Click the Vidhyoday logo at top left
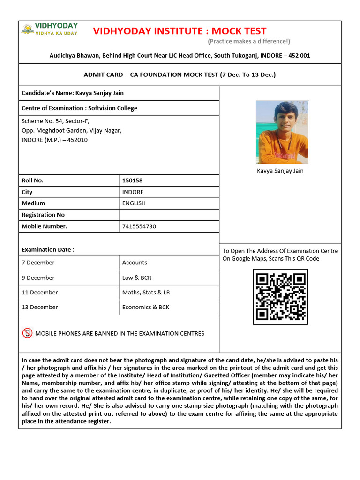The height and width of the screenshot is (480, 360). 50,29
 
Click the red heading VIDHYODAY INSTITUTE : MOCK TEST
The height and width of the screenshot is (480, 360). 180,31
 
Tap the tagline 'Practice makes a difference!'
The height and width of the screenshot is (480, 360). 249,42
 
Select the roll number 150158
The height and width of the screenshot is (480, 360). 132,180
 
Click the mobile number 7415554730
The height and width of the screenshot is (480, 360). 139,226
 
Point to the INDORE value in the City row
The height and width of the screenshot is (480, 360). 133,192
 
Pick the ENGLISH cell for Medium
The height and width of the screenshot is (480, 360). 134,203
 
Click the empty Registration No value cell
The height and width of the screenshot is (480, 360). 169,215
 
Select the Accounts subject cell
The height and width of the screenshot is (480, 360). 135,262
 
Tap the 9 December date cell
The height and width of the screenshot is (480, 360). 38,277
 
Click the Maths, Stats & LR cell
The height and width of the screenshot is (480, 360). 146,292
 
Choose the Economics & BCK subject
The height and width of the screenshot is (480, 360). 145,307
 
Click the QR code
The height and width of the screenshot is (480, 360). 280,297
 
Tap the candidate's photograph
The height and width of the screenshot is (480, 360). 282,132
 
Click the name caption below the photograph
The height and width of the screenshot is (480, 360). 280,171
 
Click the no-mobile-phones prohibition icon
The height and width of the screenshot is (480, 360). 27,333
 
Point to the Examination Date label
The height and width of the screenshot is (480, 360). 48,249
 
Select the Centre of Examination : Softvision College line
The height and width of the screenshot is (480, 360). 79,108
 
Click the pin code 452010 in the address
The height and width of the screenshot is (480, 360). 77,140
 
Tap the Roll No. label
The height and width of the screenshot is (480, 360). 32,180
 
